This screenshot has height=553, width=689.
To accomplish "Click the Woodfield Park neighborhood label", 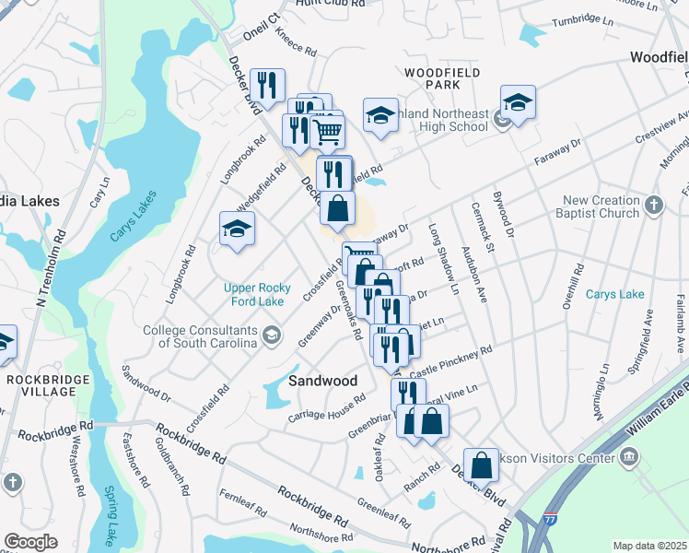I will pyautogui.click(x=430, y=76).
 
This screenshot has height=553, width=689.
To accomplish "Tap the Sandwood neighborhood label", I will pyautogui.click(x=322, y=380).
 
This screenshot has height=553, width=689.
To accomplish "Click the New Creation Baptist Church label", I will pyautogui.click(x=601, y=206).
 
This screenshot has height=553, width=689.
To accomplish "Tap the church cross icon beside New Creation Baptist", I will pyautogui.click(x=653, y=206).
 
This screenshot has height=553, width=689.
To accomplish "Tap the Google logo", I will pyautogui.click(x=30, y=542).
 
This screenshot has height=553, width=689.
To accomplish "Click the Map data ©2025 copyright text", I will pyautogui.click(x=649, y=545).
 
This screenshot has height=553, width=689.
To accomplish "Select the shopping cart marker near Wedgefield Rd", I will pyautogui.click(x=327, y=131).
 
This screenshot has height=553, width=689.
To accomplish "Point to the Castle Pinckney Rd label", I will pyautogui.click(x=451, y=360).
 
